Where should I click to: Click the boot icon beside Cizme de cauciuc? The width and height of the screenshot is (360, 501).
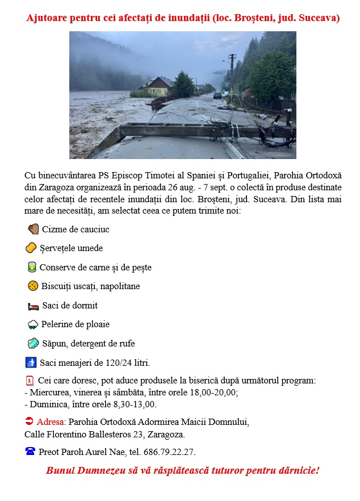pyautogui.click(x=33, y=229)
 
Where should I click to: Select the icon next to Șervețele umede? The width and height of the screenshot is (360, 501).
pyautogui.click(x=31, y=248)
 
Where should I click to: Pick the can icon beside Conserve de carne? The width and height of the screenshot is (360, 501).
pyautogui.click(x=32, y=267)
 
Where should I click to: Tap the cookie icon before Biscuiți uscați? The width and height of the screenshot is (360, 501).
pyautogui.click(x=33, y=286)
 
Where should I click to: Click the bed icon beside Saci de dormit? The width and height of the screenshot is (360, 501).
pyautogui.click(x=34, y=306)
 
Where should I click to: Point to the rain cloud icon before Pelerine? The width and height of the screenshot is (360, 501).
pyautogui.click(x=33, y=324)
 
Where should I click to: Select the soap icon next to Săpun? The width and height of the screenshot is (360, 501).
pyautogui.click(x=33, y=343)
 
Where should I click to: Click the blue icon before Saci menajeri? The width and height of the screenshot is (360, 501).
pyautogui.click(x=31, y=362)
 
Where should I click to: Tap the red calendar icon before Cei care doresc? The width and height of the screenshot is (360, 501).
pyautogui.click(x=30, y=381)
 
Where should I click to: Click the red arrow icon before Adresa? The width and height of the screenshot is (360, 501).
pyautogui.click(x=30, y=421)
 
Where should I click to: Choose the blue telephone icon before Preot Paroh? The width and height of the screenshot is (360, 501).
pyautogui.click(x=30, y=452)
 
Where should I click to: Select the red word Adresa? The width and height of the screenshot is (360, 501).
pyautogui.click(x=51, y=422)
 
